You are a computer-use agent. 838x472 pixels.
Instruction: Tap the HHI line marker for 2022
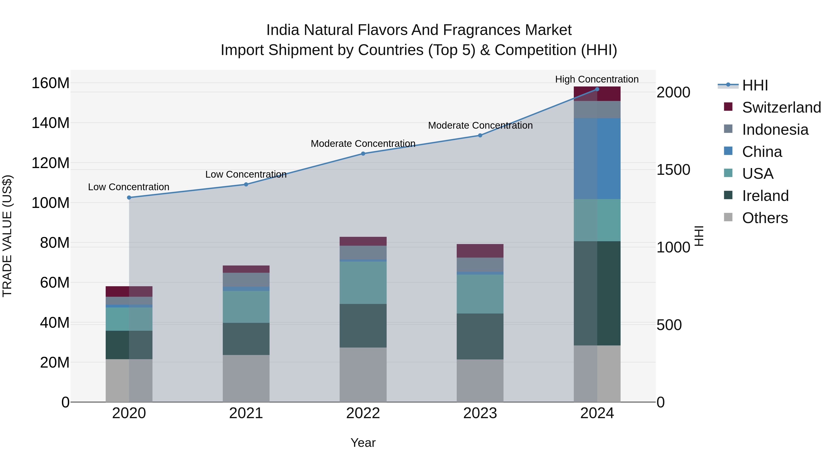(x=363, y=153)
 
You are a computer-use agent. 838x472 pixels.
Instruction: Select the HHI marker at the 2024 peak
(x=597, y=89)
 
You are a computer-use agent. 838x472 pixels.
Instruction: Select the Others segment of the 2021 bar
(x=246, y=378)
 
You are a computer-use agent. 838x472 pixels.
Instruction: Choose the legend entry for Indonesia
(x=775, y=130)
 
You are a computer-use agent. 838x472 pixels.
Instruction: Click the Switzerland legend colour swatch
(x=728, y=107)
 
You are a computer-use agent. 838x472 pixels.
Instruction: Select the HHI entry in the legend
(x=755, y=85)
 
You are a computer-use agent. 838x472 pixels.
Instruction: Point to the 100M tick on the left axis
(x=51, y=203)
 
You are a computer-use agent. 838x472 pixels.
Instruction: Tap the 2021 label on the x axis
(x=246, y=413)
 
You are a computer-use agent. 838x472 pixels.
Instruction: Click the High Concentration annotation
(x=597, y=79)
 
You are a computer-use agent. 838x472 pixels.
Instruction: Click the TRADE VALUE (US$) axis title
(x=7, y=236)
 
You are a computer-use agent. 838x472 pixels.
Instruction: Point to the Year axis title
(x=363, y=443)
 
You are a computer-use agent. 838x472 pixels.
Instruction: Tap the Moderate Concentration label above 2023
(x=480, y=125)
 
